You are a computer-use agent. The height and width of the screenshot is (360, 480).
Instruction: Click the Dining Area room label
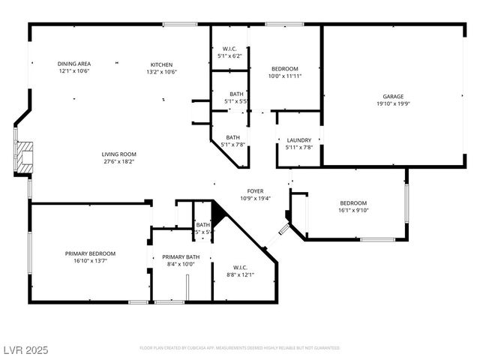[74, 64]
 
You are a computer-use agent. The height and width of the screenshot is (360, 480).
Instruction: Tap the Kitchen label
[161, 64]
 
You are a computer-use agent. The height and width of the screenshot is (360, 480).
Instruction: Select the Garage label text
[393, 97]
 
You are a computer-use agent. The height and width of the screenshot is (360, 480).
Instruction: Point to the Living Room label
[118, 154]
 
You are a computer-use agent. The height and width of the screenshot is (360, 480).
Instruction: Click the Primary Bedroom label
[90, 253]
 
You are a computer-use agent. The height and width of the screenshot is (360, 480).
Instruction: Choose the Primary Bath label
[180, 256]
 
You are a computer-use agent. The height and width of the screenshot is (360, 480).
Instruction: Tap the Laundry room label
[299, 139]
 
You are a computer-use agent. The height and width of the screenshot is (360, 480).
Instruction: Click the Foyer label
[255, 191]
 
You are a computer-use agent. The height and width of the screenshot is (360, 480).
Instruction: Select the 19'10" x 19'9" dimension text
[393, 104]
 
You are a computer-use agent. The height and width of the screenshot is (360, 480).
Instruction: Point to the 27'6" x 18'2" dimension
[118, 161]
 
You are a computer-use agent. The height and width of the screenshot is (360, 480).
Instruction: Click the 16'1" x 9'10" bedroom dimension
[353, 210]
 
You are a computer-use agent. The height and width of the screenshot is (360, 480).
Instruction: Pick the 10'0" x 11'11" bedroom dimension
[285, 76]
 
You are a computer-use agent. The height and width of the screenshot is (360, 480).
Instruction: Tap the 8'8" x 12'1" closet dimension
[240, 274]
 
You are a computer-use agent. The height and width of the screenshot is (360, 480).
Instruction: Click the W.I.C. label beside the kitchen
[229, 49]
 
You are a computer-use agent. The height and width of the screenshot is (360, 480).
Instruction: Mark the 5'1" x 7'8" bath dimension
[232, 145]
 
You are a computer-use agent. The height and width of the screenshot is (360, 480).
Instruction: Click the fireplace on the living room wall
[25, 155]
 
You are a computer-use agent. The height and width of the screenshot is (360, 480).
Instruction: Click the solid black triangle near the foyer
[218, 215]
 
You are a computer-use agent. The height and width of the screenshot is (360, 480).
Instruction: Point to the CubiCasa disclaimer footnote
[239, 348]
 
